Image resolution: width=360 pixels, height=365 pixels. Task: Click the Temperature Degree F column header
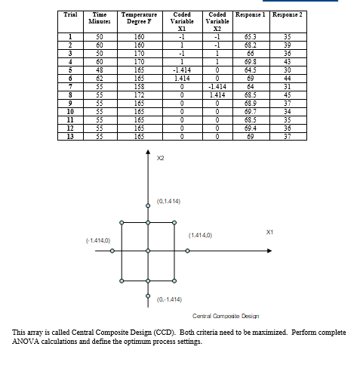[139, 18]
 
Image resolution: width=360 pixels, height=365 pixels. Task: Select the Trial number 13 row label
[69, 137]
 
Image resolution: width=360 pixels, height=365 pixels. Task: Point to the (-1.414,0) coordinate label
[98, 240]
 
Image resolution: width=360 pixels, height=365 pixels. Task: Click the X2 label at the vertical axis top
[160, 158]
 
